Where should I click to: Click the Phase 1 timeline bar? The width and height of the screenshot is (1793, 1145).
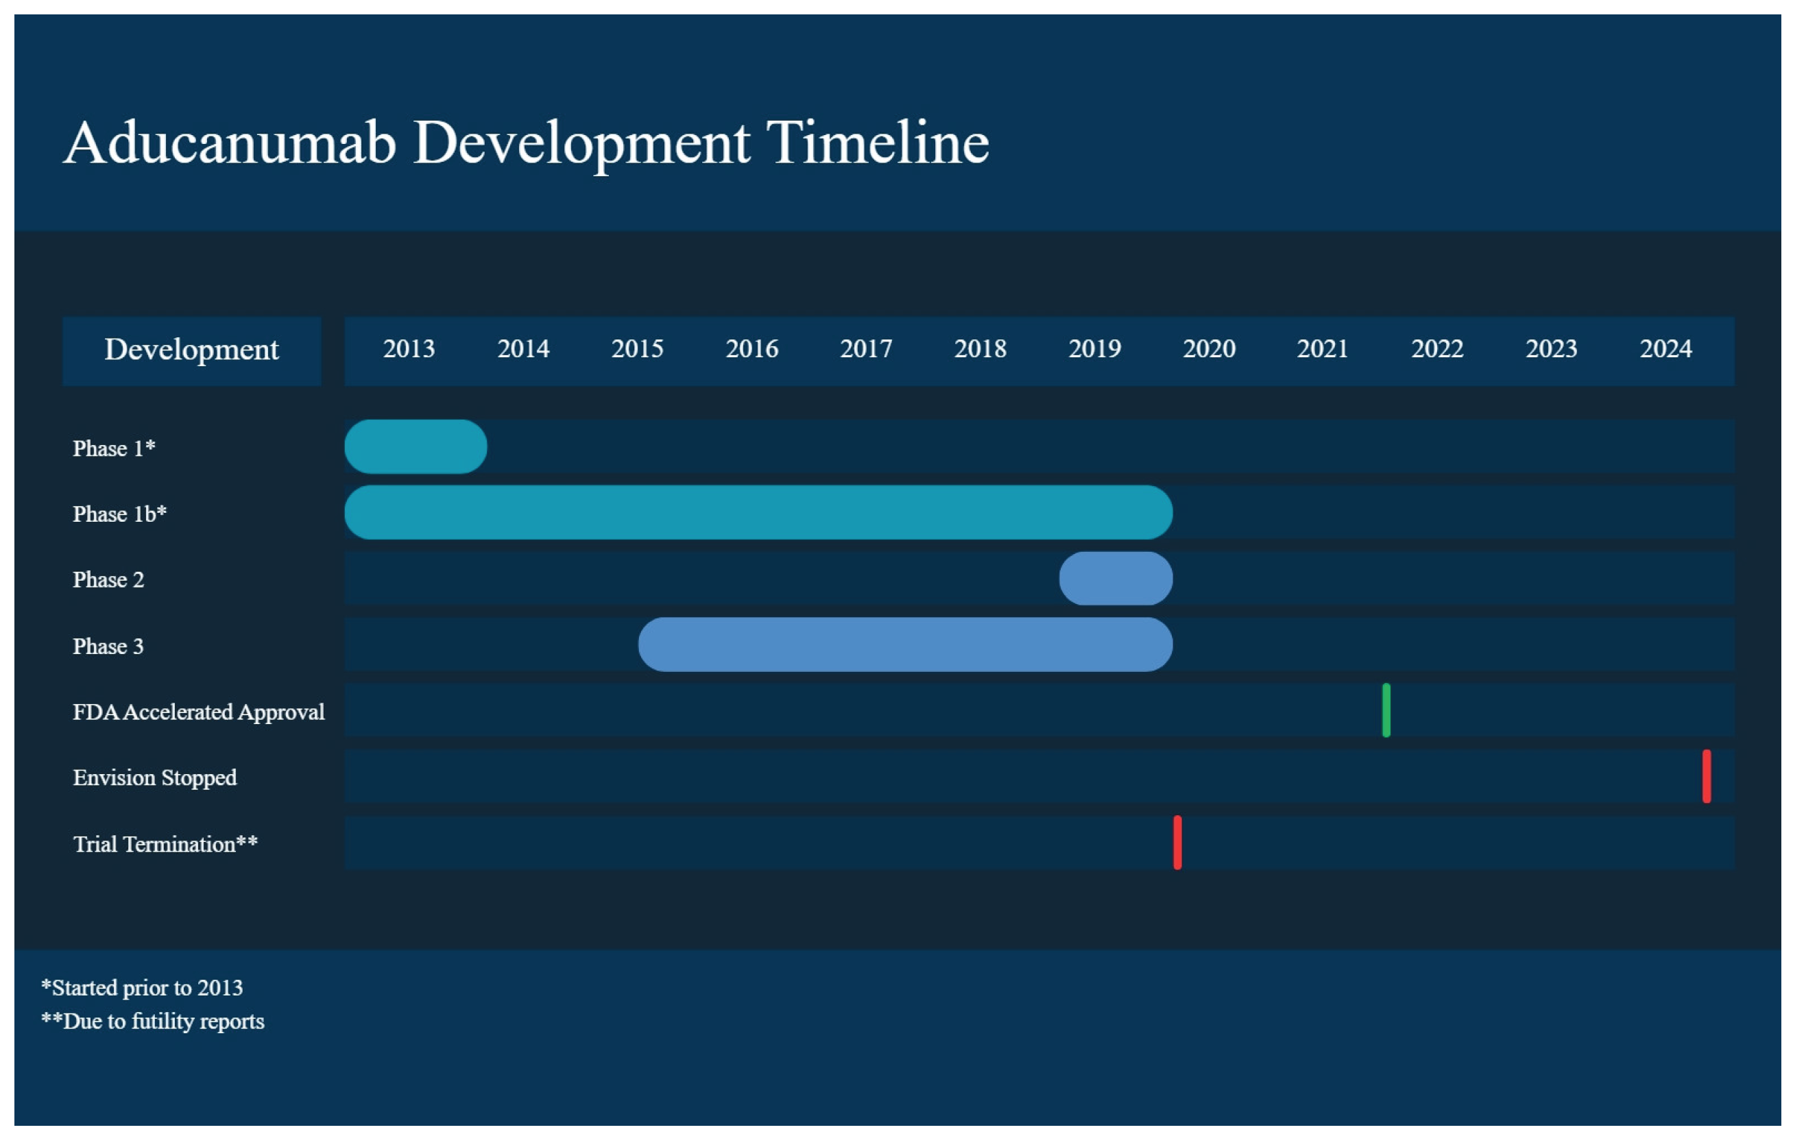click(416, 446)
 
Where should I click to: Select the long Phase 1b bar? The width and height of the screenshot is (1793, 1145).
click(759, 512)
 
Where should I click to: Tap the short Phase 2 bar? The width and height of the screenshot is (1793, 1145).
click(1116, 579)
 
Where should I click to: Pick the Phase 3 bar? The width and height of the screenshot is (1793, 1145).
click(906, 644)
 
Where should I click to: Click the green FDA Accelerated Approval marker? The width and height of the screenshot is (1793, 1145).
click(1386, 710)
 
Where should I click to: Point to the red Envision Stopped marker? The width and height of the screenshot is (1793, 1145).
click(1707, 777)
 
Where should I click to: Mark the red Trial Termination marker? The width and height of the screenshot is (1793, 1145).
click(1177, 843)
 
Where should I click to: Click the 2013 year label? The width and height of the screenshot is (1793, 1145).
click(409, 348)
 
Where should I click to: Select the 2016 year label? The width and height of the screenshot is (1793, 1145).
click(752, 348)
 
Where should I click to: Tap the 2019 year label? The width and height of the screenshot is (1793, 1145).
click(1094, 348)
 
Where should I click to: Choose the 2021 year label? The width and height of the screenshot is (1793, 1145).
click(1323, 348)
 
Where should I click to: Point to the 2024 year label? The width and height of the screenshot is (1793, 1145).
click(1665, 348)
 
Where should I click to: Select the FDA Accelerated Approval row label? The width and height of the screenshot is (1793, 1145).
click(199, 712)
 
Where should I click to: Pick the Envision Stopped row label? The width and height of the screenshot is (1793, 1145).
click(155, 778)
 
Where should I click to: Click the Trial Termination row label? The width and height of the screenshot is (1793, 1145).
click(165, 844)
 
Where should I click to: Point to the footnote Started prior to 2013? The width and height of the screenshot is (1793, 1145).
click(142, 987)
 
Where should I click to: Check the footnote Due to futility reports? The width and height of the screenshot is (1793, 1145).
click(153, 1021)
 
